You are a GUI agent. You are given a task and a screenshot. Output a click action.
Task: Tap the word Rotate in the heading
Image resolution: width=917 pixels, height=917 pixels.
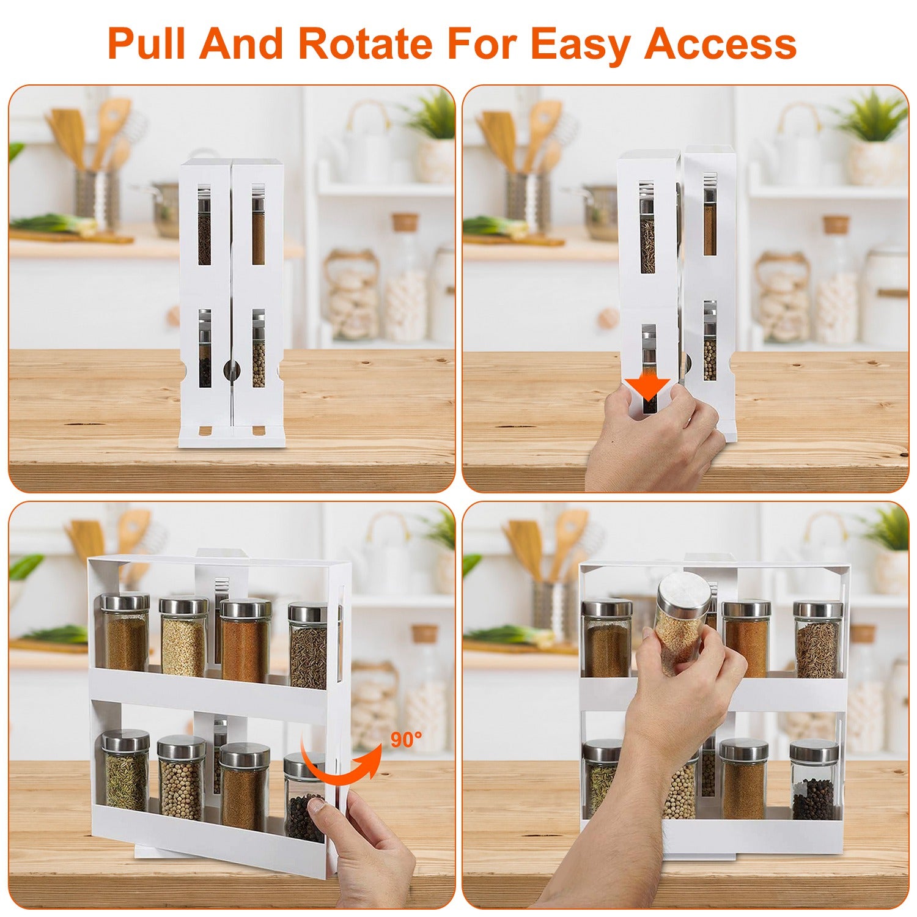364,44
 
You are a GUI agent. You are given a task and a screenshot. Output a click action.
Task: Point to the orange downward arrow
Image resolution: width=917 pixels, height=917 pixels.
647,386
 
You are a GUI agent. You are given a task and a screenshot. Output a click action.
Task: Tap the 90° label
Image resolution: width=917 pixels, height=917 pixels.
405,739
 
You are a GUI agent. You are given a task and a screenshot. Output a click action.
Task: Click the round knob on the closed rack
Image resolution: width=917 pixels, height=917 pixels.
232,367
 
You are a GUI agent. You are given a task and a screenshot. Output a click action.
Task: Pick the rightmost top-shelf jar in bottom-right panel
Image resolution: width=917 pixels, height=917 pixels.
817,639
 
